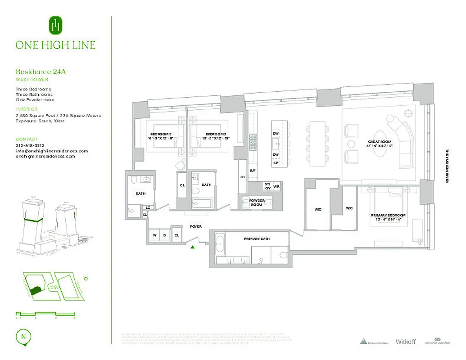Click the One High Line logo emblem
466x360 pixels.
(x=55, y=26)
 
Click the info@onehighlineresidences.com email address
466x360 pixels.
(x=51, y=151)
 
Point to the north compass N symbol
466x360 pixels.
(x=22, y=336)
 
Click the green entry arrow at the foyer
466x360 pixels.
(x=193, y=247)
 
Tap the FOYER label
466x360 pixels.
(x=195, y=226)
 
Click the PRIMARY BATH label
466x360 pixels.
(x=257, y=238)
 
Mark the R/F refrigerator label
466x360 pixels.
(x=253, y=170)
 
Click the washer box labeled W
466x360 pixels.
(x=154, y=235)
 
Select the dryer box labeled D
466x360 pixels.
(x=165, y=235)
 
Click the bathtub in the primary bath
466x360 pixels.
(x=221, y=243)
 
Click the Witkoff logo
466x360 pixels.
(x=405, y=342)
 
